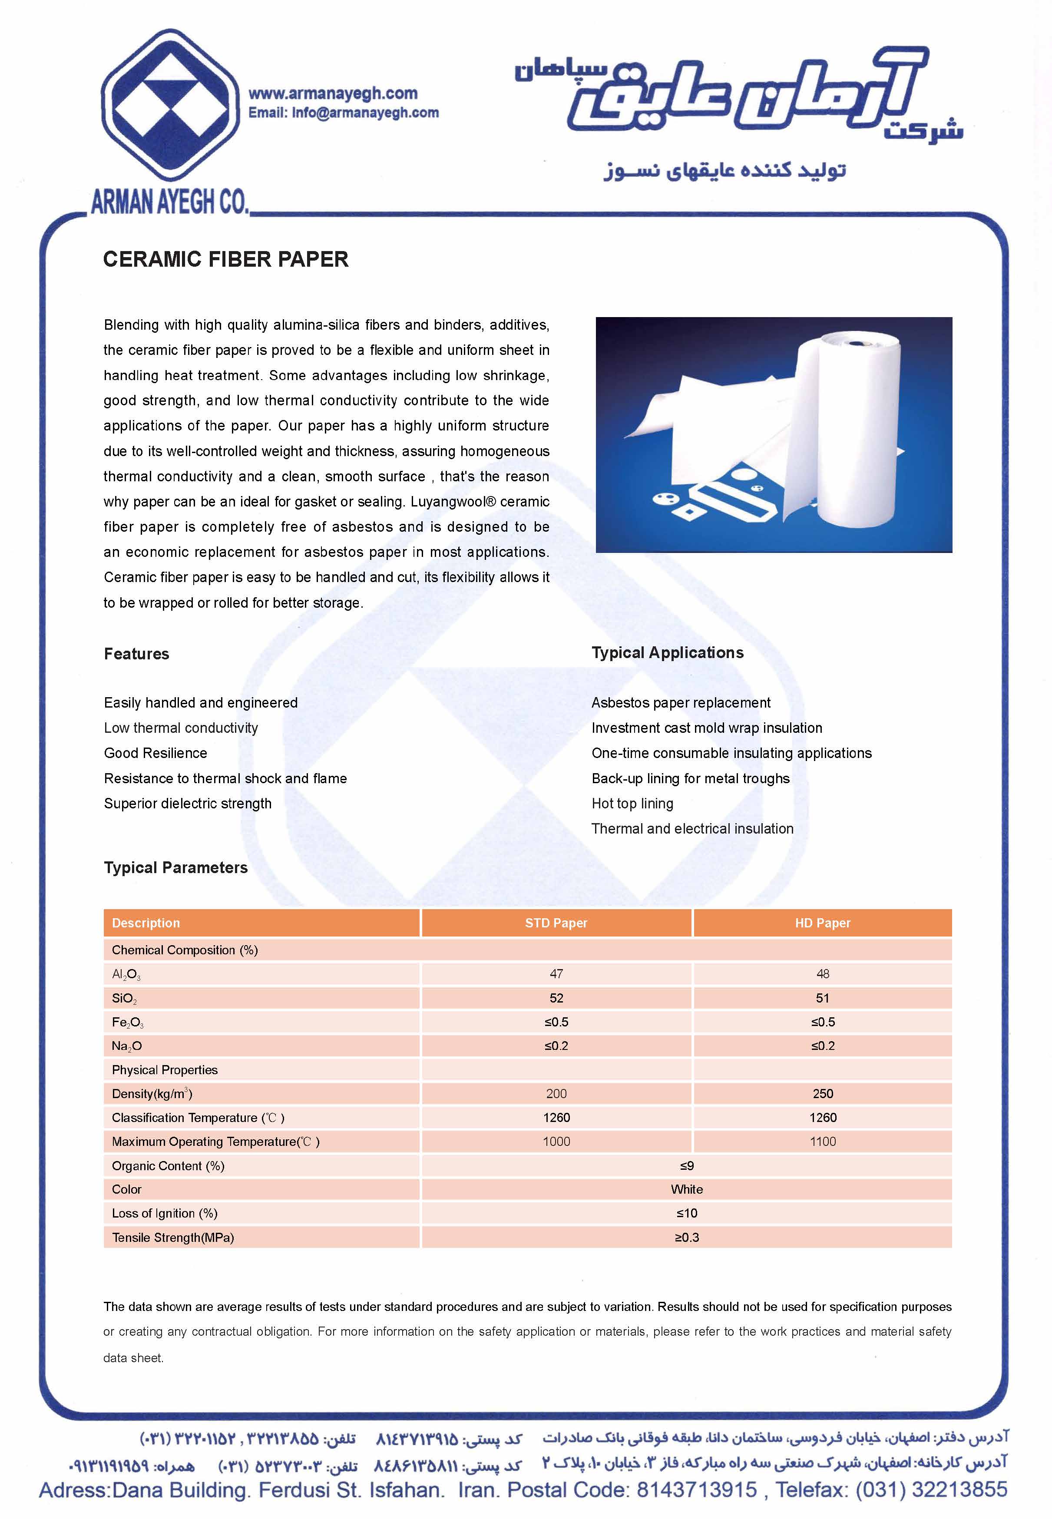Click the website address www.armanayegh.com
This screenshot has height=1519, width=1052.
tap(332, 93)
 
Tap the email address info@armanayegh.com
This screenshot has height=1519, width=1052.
tap(365, 113)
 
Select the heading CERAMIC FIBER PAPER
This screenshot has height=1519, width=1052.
tap(225, 259)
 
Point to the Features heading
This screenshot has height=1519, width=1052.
tap(136, 654)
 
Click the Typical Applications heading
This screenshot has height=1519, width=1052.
tap(667, 652)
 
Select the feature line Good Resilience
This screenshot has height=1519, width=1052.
tap(155, 753)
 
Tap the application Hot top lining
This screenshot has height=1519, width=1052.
tap(632, 803)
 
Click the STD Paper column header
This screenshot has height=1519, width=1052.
tap(556, 923)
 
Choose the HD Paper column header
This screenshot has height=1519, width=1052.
tap(822, 923)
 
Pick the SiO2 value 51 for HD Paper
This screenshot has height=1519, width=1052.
tap(822, 998)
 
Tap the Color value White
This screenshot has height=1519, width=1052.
tap(687, 1189)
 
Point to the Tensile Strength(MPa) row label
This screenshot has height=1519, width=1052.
tap(173, 1237)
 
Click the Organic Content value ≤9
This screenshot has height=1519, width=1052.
tap(687, 1165)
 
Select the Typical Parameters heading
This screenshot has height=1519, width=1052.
tap(175, 867)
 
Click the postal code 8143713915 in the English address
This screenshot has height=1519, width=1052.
tap(696, 1489)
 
